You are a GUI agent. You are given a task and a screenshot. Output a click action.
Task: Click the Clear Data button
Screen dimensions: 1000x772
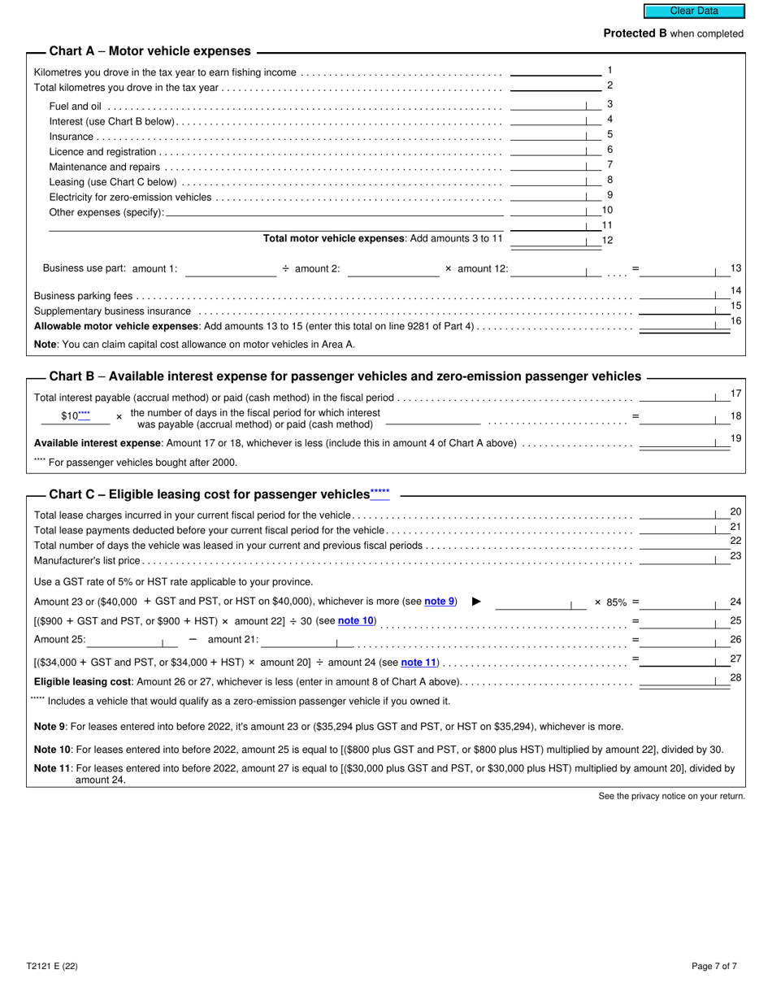pos(694,11)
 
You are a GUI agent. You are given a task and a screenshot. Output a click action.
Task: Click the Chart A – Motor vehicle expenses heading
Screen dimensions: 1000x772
pos(150,51)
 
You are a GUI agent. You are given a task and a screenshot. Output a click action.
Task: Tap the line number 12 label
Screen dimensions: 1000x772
pos(607,241)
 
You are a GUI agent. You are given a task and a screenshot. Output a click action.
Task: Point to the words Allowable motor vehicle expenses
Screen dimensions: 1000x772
pos(116,326)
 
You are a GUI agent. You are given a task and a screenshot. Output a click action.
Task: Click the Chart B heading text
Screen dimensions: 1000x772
pos(345,376)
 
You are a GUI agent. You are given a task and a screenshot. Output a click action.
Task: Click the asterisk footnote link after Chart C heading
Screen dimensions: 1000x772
pos(379,493)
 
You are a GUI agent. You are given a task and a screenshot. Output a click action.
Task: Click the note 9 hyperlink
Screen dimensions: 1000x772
pos(440,602)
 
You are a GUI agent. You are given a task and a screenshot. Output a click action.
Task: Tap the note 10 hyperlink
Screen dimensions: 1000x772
pos(356,620)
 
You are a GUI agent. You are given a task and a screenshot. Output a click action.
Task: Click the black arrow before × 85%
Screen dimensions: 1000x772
pos(477,602)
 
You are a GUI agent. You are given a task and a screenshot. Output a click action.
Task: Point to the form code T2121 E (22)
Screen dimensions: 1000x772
pos(52,967)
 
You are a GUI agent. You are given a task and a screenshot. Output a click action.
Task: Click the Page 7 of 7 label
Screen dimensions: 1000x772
pos(714,967)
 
